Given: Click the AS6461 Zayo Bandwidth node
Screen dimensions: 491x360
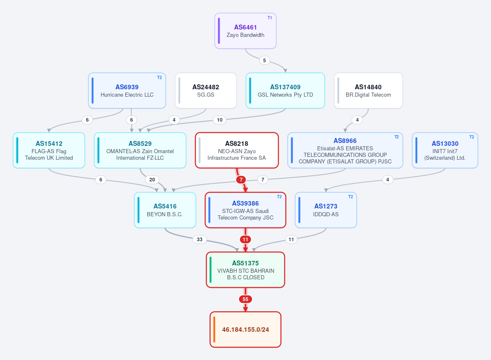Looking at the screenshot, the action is coord(245,31).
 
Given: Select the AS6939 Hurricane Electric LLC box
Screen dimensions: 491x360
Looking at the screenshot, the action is coord(127,91).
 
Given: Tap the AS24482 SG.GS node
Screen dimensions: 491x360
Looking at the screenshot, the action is coord(205,91).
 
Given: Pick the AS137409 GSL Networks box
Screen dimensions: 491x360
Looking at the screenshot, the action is coord(285,91).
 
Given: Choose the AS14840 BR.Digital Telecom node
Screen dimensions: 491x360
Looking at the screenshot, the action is coord(368,91).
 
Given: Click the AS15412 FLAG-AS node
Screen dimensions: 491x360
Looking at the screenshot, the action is coord(49,150).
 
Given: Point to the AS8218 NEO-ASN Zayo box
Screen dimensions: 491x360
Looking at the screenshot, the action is coord(237,150).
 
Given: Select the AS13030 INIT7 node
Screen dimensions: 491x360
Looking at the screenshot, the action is coord(445,150).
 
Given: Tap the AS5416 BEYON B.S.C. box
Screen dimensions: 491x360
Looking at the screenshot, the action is coord(165,210).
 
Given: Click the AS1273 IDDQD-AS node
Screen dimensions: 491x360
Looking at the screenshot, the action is coord(326,210).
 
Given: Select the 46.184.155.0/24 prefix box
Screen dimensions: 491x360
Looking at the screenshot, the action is coord(245,330).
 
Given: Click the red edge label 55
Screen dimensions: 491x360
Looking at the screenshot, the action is coord(245,299).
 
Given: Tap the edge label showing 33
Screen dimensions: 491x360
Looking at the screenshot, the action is coord(200,239).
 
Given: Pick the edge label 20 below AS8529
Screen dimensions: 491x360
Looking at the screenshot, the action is coord(152,180).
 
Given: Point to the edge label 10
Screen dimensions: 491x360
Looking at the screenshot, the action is coord(220,120).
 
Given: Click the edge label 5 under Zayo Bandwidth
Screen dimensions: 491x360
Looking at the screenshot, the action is coord(264,60).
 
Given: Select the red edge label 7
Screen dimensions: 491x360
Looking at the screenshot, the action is coord(241,180).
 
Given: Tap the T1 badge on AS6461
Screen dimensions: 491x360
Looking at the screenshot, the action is coord(270,18).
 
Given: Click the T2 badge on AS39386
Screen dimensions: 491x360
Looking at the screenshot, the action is coord(279,197).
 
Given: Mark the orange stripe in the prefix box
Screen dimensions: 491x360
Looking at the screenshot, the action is coord(214,330).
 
